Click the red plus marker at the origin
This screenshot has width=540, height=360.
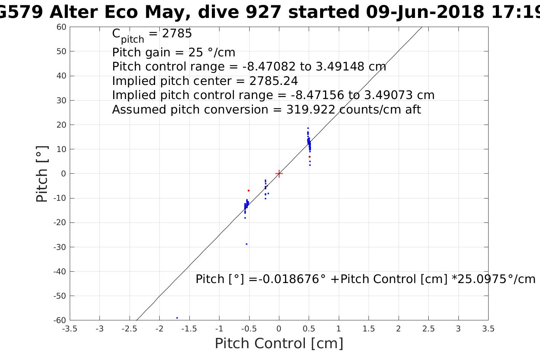coord(279,174)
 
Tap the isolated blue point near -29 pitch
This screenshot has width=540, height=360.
coord(247,244)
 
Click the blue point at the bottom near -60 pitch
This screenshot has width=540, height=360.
coord(177,318)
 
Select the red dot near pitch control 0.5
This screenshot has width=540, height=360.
coord(309,157)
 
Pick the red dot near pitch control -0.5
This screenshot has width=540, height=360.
coord(248,190)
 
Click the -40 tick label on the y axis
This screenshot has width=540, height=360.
coord(60,272)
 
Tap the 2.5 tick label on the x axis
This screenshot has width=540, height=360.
coord(428,329)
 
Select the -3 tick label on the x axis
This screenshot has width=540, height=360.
coord(99,329)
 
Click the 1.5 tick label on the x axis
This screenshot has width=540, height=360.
coord(369,329)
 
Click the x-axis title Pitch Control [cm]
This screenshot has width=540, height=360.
coord(279,344)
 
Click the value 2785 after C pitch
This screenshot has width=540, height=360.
coord(177,34)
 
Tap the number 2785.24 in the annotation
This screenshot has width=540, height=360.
coord(274,81)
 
